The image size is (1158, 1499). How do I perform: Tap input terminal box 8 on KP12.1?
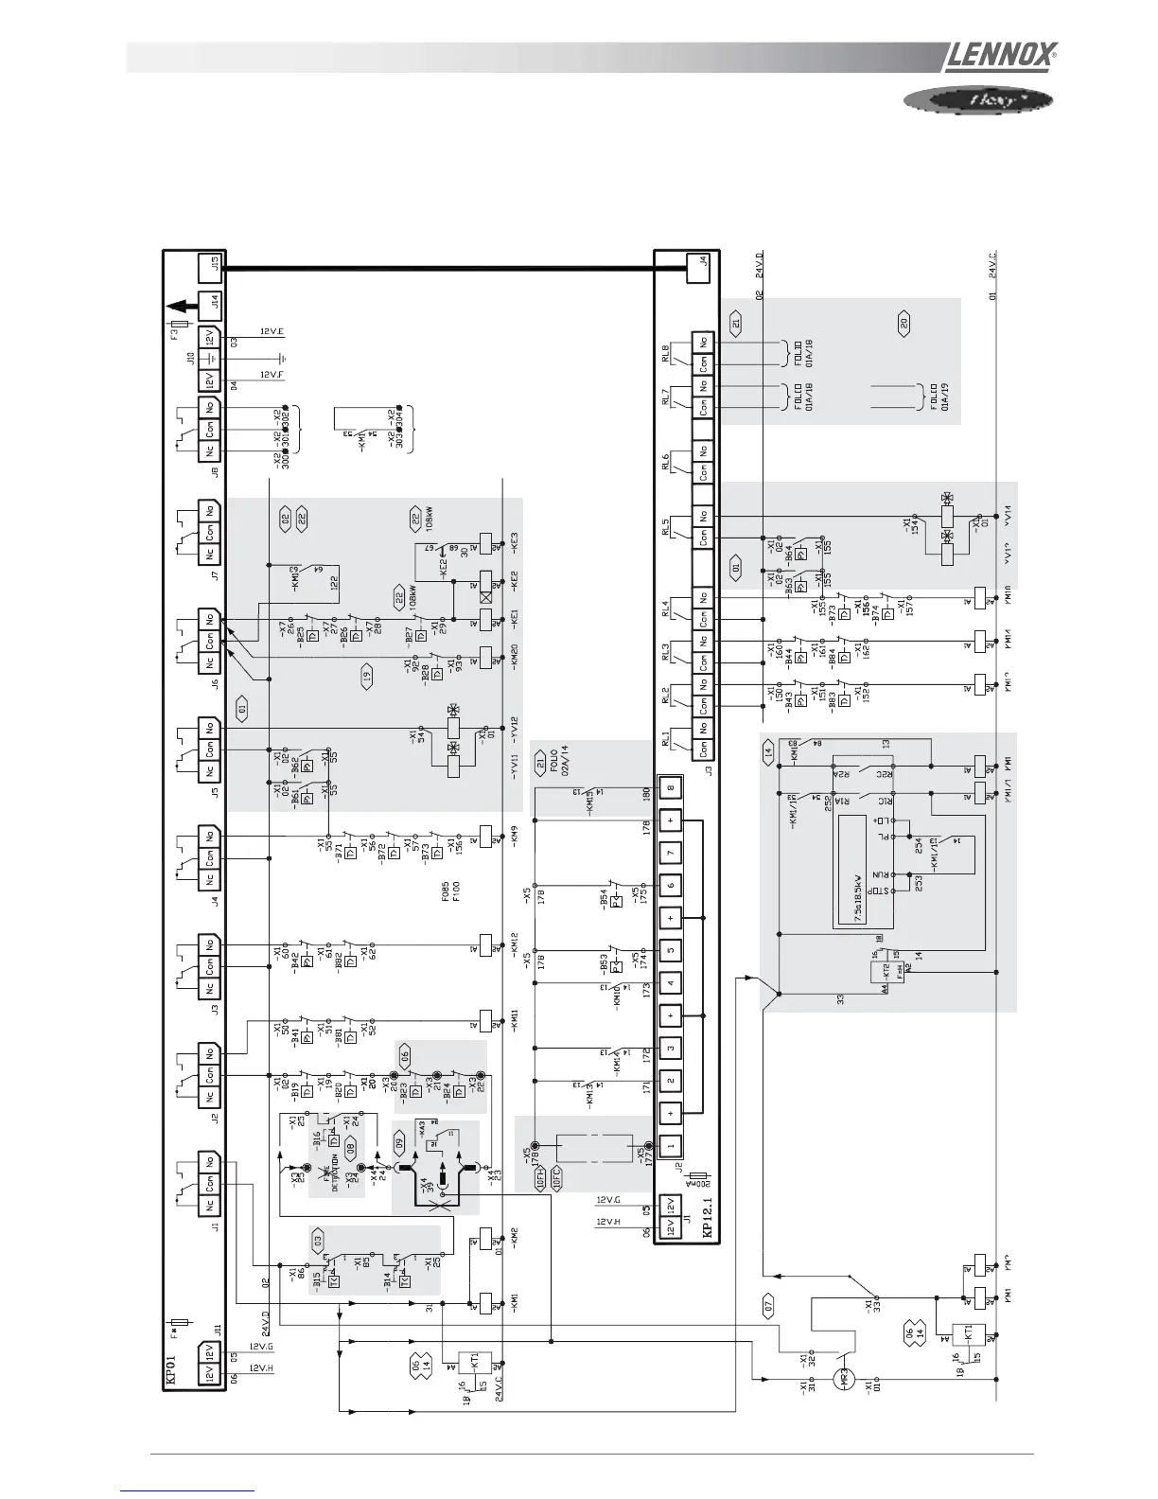click(x=670, y=789)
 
